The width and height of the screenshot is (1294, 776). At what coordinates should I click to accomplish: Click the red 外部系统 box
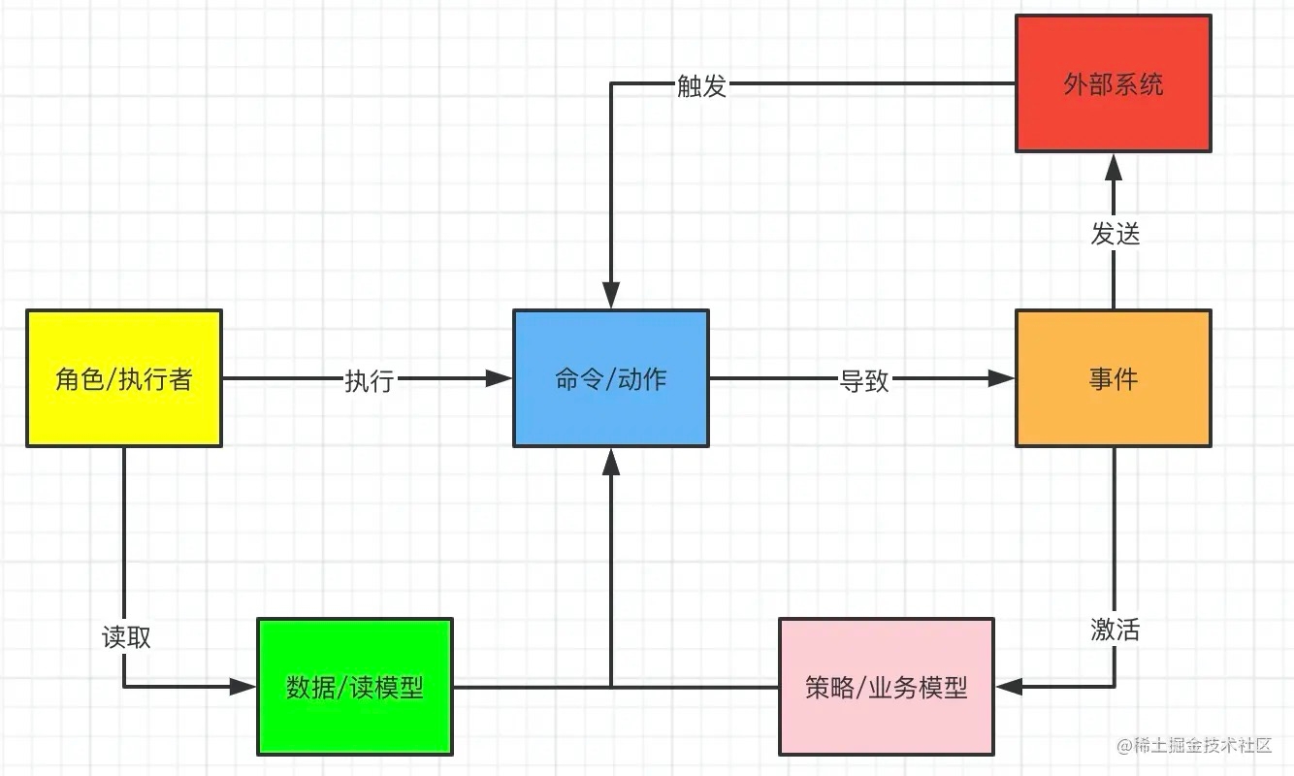[1113, 83]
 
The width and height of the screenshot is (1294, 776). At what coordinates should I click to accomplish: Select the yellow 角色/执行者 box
[124, 378]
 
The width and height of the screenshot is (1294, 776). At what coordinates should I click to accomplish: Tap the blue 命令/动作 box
[610, 378]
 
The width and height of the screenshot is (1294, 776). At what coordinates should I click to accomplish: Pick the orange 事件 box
[1113, 378]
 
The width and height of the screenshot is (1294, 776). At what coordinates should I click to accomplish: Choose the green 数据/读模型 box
[355, 687]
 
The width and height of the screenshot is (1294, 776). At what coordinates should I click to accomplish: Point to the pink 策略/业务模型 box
[886, 687]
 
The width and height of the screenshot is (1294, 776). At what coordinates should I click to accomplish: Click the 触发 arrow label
[701, 86]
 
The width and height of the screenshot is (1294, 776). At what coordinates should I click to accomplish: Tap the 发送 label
[1115, 233]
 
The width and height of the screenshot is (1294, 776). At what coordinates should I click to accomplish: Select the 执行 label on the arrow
[369, 380]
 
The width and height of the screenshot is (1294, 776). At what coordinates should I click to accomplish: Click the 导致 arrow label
[863, 380]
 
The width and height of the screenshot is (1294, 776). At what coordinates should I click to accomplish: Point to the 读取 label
[126, 636]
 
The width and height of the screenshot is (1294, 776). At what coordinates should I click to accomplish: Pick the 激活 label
[1115, 630]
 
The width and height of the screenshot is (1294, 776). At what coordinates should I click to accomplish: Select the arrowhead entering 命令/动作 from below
[611, 462]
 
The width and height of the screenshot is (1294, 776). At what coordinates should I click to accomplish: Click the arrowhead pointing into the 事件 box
[1002, 378]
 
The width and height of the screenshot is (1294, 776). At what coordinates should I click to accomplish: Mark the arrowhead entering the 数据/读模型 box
[243, 687]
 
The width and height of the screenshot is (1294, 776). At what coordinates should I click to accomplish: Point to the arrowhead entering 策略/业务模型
[1009, 687]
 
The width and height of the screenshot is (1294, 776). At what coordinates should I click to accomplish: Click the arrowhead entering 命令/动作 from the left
[500, 378]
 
